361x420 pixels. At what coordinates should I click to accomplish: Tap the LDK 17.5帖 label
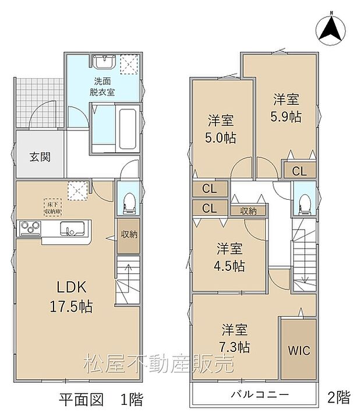click(x=72, y=296)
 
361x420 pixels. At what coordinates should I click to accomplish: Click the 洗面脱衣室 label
click(x=102, y=86)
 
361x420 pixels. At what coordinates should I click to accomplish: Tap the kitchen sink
click(x=73, y=230)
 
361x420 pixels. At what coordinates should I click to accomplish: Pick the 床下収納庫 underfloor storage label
click(x=51, y=207)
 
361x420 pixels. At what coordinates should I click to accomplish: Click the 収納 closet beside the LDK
click(x=129, y=234)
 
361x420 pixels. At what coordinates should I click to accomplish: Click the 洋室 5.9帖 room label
click(x=285, y=108)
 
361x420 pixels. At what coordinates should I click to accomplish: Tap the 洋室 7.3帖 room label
click(x=236, y=338)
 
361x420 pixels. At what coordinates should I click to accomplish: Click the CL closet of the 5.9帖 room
click(x=299, y=171)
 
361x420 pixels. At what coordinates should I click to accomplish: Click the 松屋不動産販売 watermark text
click(x=158, y=363)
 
